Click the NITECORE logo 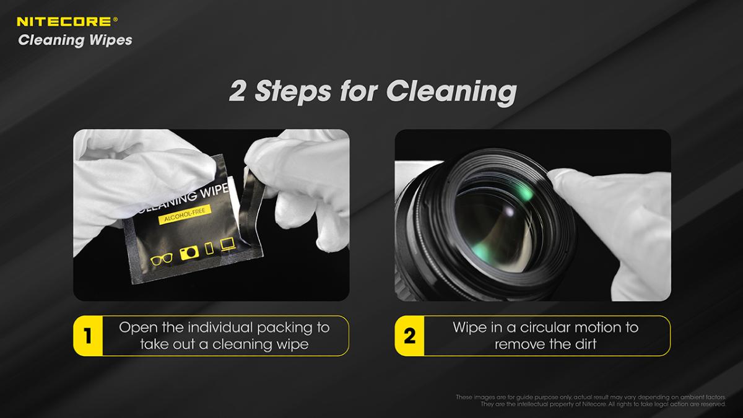pos(67,22)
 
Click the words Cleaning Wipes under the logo pos(76,40)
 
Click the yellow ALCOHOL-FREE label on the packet pos(185,214)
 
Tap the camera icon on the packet pos(189,253)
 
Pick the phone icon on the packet pos(209,248)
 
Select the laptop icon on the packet pos(228,244)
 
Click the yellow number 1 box pos(88,336)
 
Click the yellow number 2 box pos(409,336)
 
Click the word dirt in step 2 pos(586,344)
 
